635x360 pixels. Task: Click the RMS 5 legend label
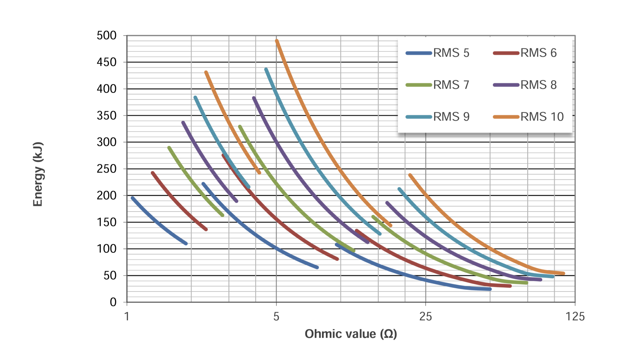451,53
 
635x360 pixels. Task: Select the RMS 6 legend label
538,53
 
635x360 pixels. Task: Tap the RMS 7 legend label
451,85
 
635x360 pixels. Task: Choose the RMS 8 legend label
538,85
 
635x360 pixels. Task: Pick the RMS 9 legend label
451,116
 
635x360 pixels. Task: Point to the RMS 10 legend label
542,116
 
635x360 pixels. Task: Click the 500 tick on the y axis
106,35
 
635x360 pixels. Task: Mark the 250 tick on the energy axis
106,168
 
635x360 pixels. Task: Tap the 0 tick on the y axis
113,302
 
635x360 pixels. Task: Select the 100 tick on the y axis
106,249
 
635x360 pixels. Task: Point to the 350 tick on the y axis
106,115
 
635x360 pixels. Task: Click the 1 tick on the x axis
127,316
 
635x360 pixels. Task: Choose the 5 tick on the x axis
276,316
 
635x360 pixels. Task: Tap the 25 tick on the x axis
425,316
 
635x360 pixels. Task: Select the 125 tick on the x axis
575,316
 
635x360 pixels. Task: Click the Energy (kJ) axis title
38,174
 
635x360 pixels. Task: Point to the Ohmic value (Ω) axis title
351,334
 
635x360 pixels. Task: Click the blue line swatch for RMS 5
419,53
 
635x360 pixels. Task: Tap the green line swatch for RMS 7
419,85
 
